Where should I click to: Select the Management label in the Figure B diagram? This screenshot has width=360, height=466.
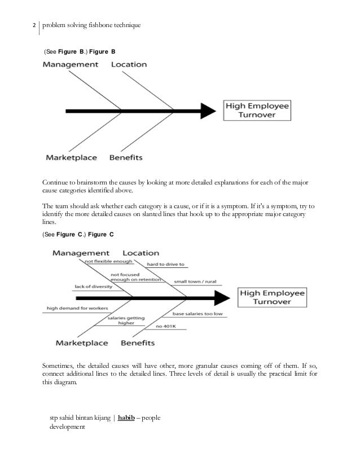pos(71,65)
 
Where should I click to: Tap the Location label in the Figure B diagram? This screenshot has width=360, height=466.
pos(129,65)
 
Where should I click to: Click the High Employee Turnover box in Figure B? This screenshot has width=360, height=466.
pos(257,109)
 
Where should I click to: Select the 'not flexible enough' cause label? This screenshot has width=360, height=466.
pos(108,262)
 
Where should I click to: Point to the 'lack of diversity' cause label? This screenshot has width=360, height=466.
pos(93,287)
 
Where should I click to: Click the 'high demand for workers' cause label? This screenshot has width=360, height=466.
pos(70,308)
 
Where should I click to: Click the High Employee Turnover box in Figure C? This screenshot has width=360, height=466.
pos(272,297)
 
